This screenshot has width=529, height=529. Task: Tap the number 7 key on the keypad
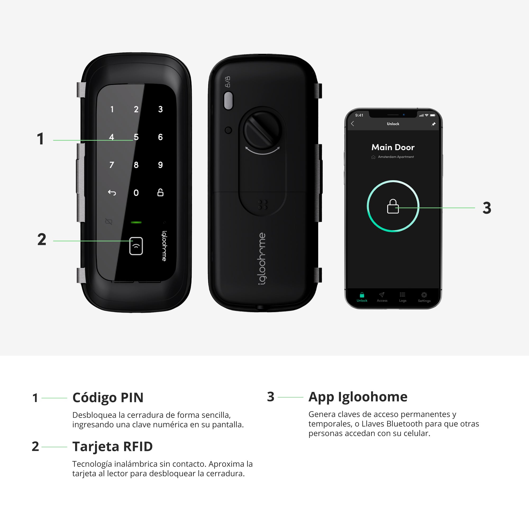click(112, 165)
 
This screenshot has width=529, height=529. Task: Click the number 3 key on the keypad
click(161, 109)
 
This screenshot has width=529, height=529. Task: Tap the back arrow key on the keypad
click(112, 193)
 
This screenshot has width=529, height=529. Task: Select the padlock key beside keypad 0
click(161, 193)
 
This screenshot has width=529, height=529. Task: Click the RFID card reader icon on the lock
click(136, 246)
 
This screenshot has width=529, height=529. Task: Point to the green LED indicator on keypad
click(136, 222)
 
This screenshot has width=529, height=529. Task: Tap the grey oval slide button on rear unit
click(228, 101)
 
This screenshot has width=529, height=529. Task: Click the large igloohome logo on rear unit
click(262, 259)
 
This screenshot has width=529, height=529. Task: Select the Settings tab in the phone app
click(424, 297)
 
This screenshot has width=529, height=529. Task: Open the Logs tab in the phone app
click(403, 297)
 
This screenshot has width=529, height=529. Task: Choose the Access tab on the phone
click(382, 297)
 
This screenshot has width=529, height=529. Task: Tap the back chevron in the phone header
click(353, 124)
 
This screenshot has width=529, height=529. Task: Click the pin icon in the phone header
click(434, 124)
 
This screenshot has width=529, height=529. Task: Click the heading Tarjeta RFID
click(112, 446)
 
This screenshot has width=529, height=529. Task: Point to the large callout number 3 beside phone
click(487, 208)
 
